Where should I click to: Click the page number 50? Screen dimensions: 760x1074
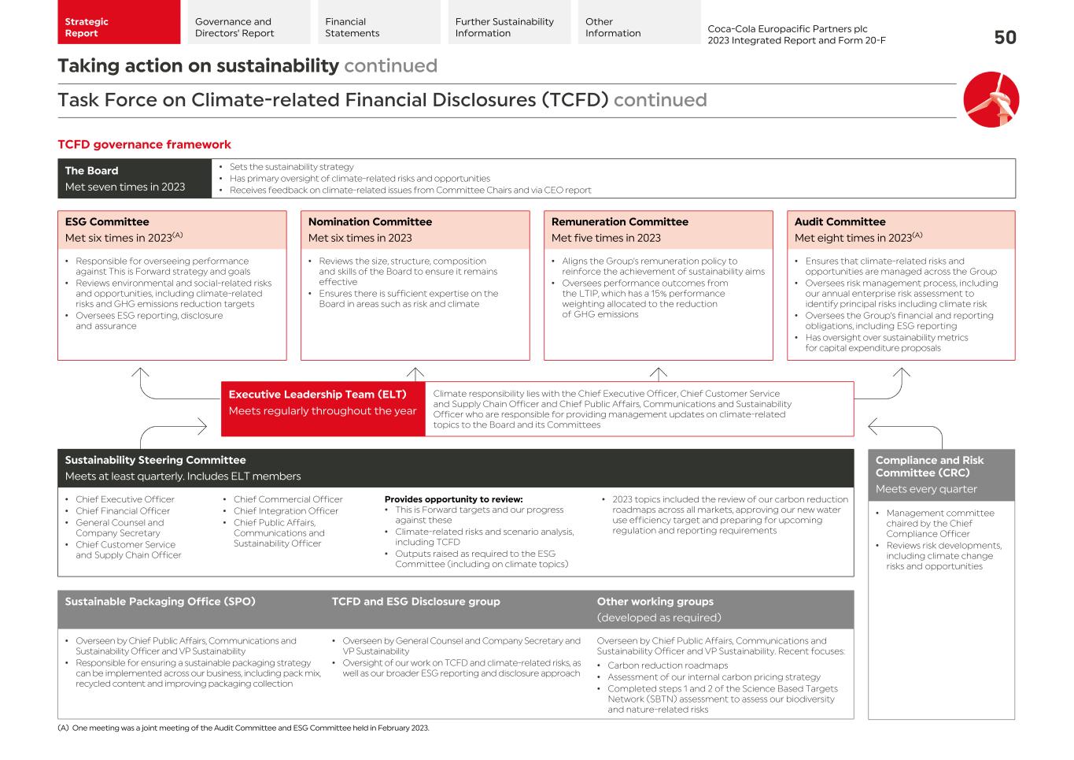[1005, 38]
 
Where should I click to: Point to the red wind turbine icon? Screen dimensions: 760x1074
[991, 99]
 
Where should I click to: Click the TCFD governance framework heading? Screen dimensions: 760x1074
[144, 144]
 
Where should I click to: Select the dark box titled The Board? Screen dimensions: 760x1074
[135, 179]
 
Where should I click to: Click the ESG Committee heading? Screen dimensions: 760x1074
[107, 222]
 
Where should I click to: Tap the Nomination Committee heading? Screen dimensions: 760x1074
[370, 222]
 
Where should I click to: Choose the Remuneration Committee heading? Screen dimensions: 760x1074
[619, 222]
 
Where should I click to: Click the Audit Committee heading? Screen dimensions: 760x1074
[840, 222]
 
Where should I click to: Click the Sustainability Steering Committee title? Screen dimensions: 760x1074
[155, 460]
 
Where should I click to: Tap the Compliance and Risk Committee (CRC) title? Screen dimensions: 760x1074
[929, 466]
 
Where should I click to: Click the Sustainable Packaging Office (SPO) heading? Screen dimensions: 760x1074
[160, 602]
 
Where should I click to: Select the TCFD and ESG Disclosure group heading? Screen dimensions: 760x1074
[415, 602]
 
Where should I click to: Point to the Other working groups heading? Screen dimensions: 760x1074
[655, 602]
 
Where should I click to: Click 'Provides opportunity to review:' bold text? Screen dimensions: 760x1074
[453, 499]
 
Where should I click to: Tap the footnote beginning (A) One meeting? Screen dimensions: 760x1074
[243, 728]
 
